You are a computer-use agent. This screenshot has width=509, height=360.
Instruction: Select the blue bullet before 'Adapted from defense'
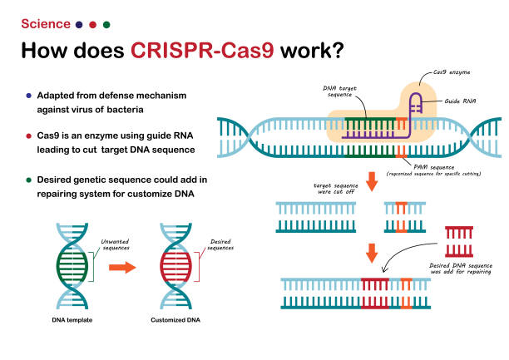pos(30,94)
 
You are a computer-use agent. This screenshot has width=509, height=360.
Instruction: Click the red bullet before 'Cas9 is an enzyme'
pos(30,135)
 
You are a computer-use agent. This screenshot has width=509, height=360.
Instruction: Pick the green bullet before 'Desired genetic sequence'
pos(30,180)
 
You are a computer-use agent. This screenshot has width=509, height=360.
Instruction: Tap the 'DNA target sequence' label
pos(340,91)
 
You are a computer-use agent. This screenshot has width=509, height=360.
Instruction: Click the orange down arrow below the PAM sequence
pos(371,180)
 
